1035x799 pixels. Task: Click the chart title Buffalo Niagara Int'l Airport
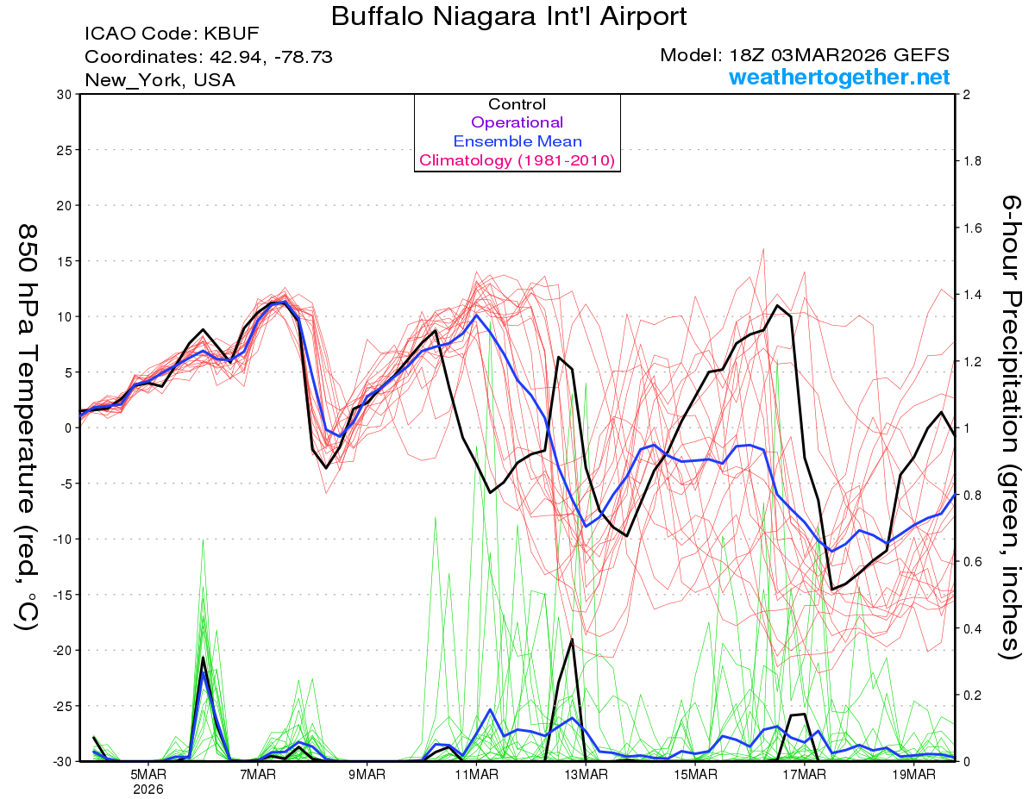509,16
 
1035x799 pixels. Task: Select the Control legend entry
517,104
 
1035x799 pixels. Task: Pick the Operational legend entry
517,122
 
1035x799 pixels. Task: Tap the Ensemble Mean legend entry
517,141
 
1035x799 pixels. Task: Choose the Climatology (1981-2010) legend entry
517,160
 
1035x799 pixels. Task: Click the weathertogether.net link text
839,78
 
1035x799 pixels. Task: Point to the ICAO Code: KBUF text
172,34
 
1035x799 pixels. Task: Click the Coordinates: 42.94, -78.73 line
209,57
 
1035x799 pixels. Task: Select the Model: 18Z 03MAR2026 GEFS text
805,55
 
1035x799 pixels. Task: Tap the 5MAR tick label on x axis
148,773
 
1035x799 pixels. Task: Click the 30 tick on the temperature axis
62,95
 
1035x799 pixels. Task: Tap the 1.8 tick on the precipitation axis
972,161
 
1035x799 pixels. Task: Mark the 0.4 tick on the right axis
972,628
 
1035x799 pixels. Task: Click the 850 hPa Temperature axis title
28,427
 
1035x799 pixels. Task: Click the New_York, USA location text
160,80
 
